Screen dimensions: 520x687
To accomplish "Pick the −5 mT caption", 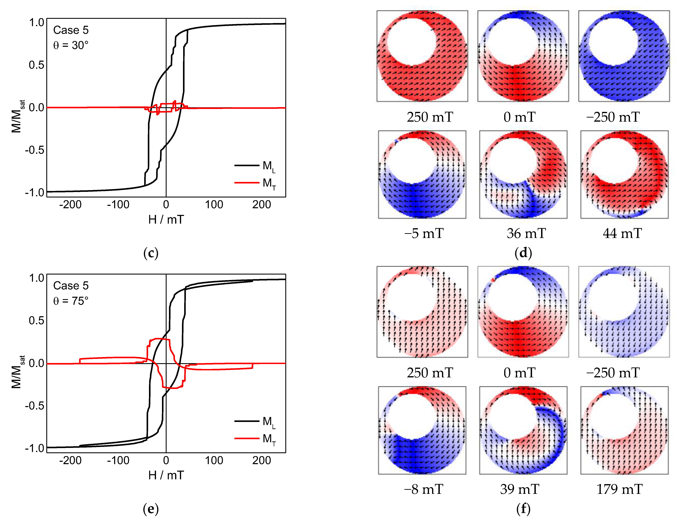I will coord(424,234).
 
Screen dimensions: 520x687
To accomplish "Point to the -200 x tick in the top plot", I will coord(71,205).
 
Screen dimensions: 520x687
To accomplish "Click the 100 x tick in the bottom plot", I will coord(214,460).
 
